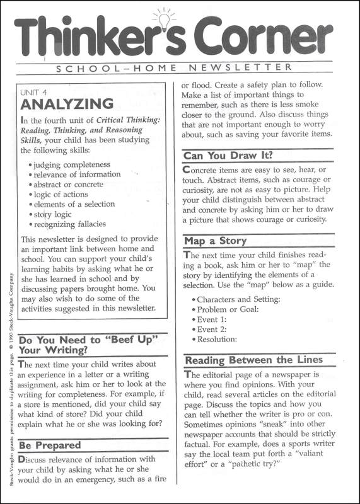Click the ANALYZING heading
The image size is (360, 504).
pyautogui.click(x=67, y=104)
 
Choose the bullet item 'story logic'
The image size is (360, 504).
pyautogui.click(x=53, y=214)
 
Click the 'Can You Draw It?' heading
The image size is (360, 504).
pyautogui.click(x=228, y=155)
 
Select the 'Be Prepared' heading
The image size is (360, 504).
pyautogui.click(x=50, y=445)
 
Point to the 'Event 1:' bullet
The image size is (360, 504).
pyautogui.click(x=211, y=319)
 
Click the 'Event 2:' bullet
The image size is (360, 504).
pyautogui.click(x=211, y=329)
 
